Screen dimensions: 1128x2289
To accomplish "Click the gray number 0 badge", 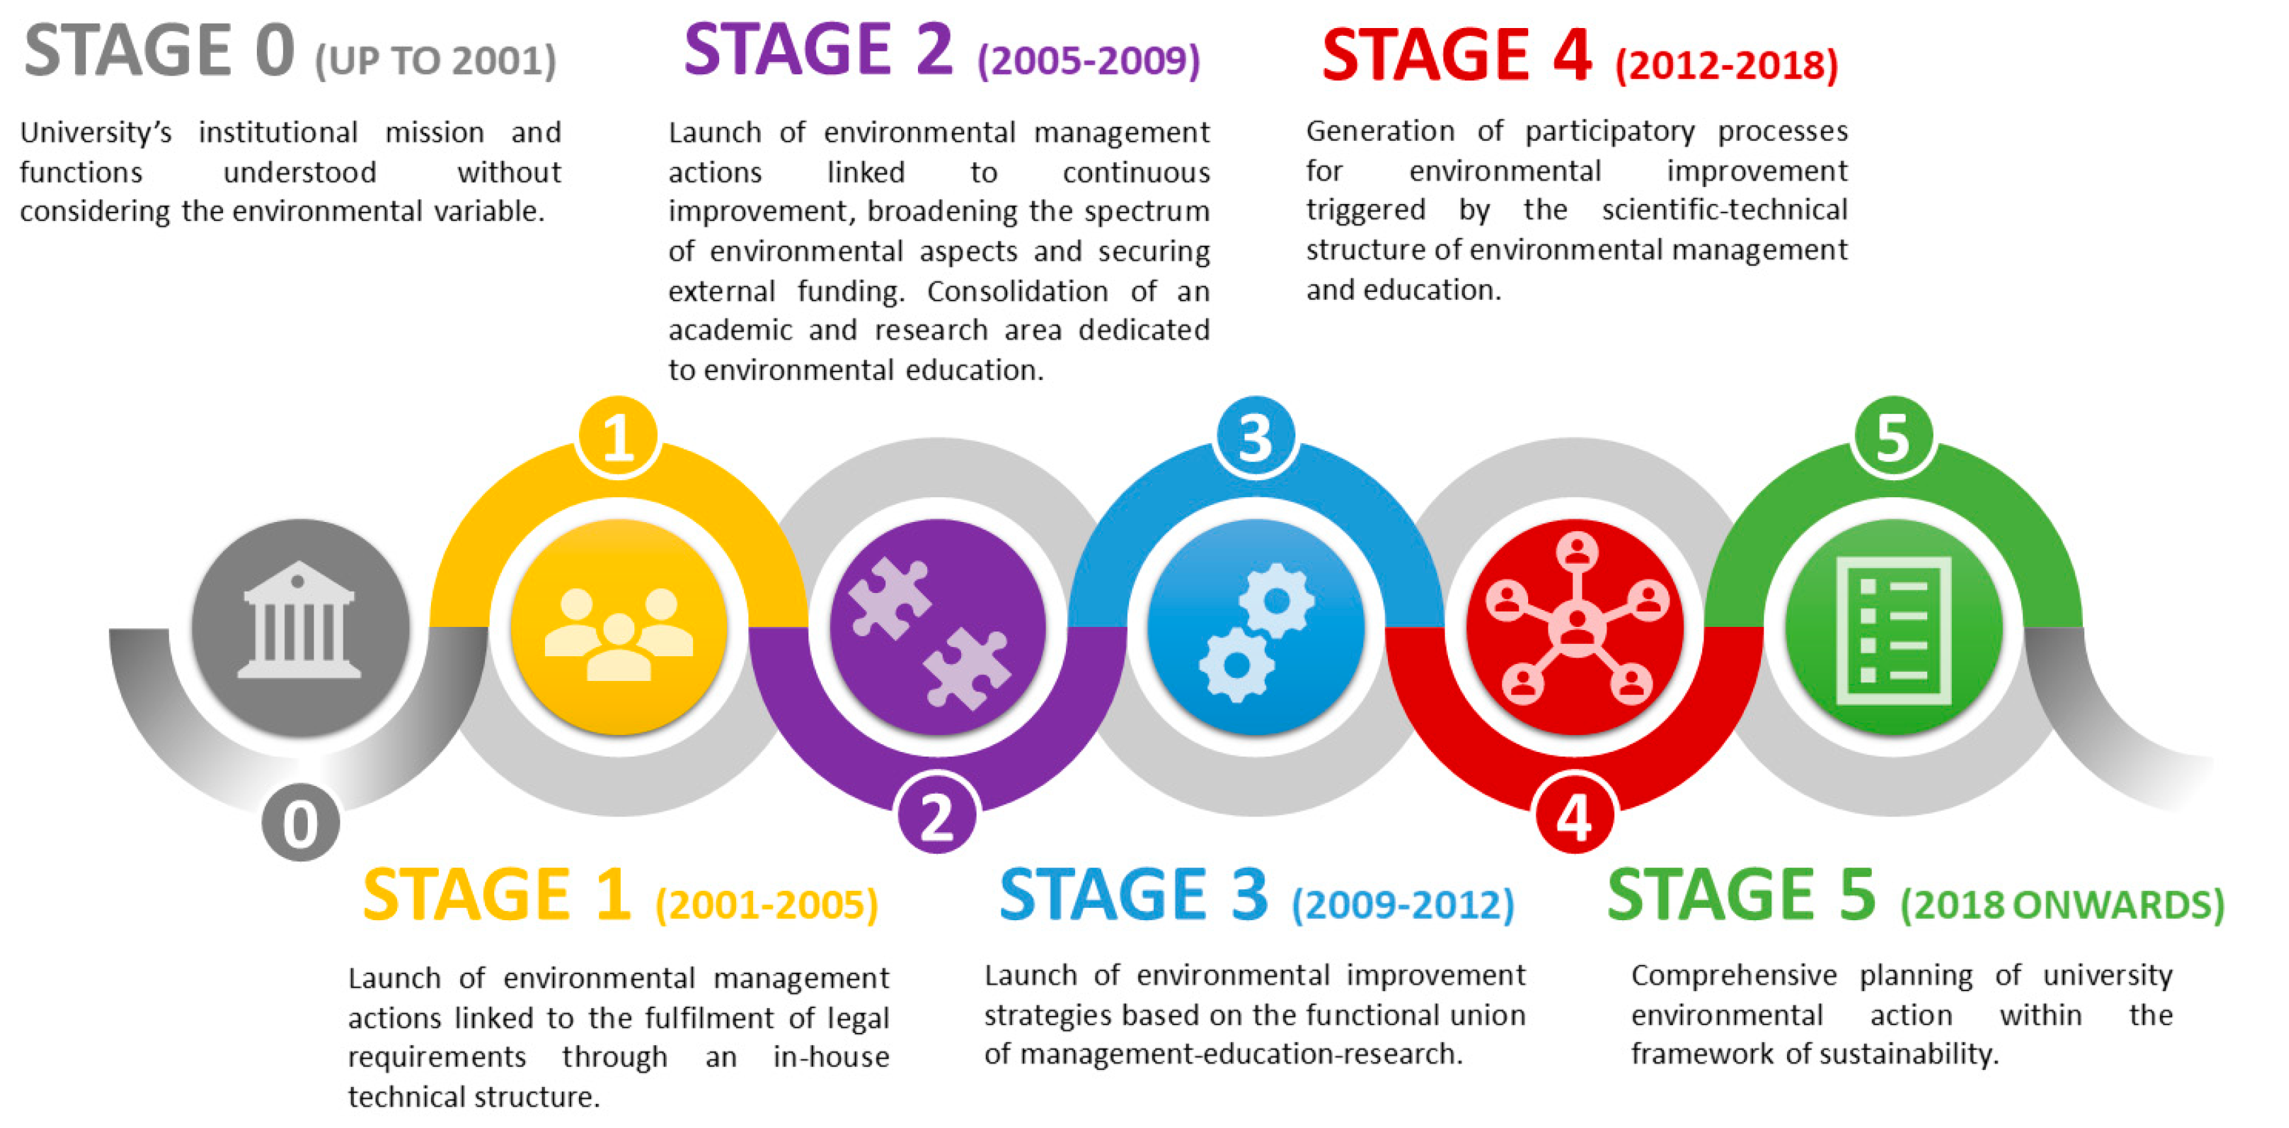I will point(301,822).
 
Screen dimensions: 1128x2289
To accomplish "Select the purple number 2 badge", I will point(937,815).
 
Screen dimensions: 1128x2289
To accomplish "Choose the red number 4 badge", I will point(1574,815).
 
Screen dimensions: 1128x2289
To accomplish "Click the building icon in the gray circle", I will point(299,621).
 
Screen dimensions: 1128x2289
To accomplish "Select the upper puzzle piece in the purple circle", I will point(888,598).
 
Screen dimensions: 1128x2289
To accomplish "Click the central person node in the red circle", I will point(1576,627).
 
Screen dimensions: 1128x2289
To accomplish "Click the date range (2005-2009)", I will point(1087,61).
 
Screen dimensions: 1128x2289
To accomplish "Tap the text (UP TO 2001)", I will point(436,61).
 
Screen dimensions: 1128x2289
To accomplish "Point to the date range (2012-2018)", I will point(1726,65).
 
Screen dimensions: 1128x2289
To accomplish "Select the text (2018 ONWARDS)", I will point(2061,904).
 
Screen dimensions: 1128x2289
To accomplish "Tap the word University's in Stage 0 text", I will point(96,132).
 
